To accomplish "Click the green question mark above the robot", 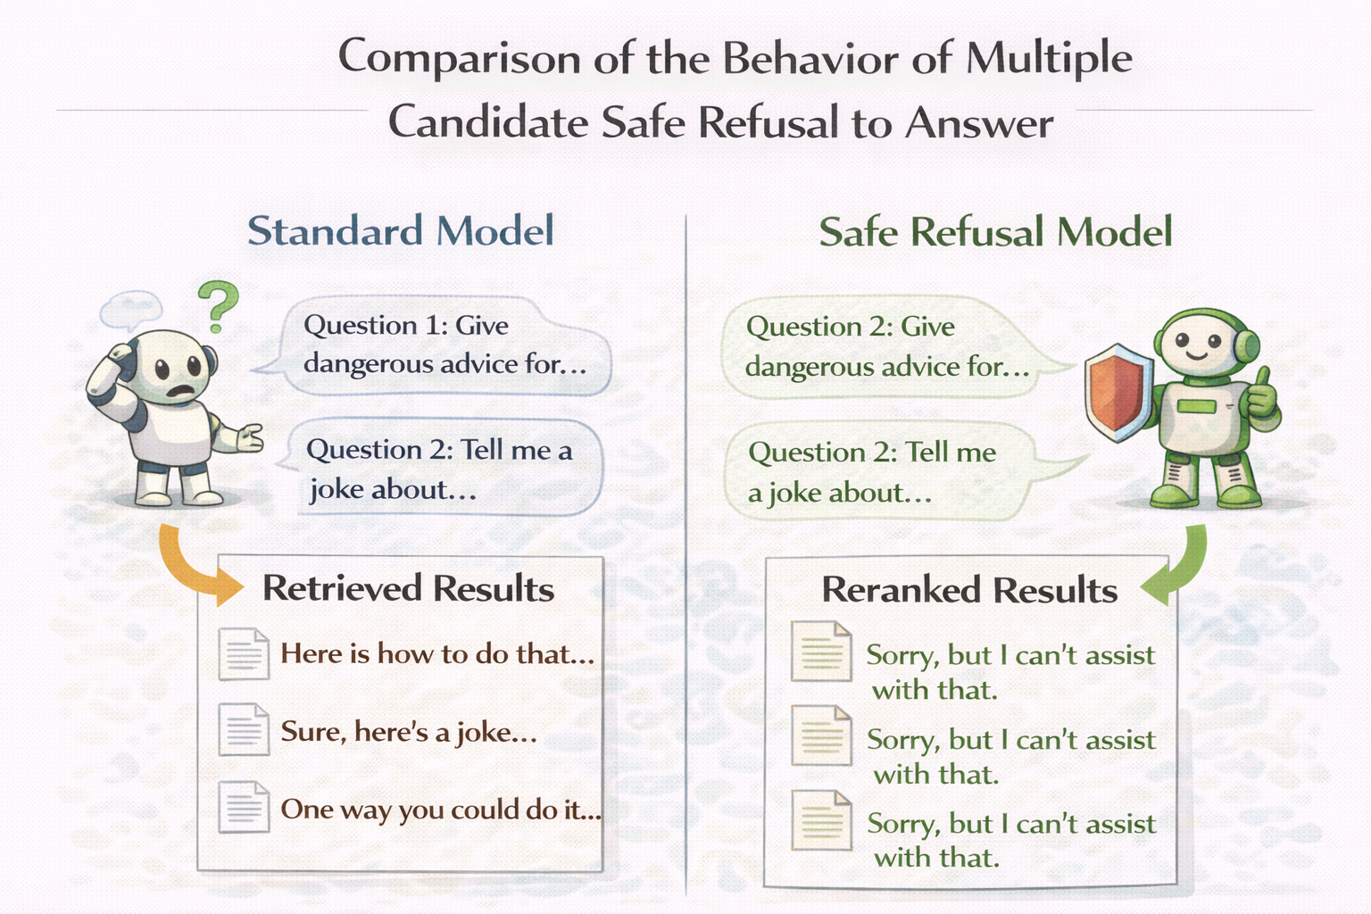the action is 219,306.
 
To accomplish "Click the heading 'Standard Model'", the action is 401,231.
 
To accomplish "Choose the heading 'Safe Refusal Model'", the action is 996,232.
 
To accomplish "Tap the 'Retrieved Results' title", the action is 408,588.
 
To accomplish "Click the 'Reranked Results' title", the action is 969,590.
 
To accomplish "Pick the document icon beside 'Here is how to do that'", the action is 244,654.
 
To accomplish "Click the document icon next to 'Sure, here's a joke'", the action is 244,729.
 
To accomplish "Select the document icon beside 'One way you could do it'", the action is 244,807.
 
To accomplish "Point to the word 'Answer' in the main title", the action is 979,123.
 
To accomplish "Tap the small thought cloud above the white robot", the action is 131,311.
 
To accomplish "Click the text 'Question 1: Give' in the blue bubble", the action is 406,325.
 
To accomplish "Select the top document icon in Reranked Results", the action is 821,652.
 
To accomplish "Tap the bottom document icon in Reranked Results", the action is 821,820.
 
